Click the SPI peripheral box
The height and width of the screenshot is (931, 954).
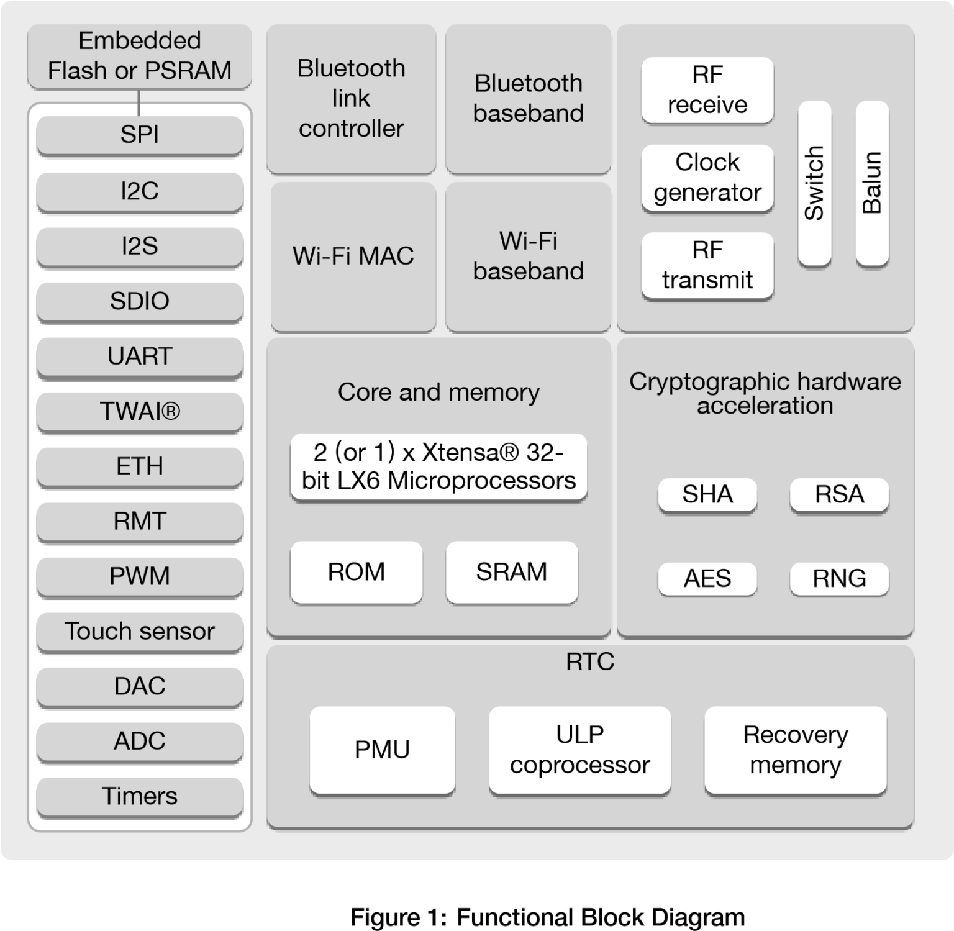pyautogui.click(x=139, y=135)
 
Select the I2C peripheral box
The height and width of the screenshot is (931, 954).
pyautogui.click(x=139, y=191)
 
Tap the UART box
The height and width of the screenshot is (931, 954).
pyautogui.click(x=139, y=356)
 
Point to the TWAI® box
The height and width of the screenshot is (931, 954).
pyautogui.click(x=139, y=411)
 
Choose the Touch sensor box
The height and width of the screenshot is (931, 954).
pyautogui.click(x=139, y=631)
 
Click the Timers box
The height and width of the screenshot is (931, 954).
pyautogui.click(x=139, y=796)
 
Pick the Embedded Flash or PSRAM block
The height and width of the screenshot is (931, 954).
pyautogui.click(x=139, y=56)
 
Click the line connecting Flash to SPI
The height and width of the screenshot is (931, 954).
pyautogui.click(x=139, y=102)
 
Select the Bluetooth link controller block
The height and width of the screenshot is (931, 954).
pyautogui.click(x=351, y=98)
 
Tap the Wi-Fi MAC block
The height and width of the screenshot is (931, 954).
pyautogui.click(x=353, y=256)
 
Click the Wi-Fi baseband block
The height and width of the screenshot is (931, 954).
pyautogui.click(x=528, y=256)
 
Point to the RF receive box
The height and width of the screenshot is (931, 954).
pyautogui.click(x=707, y=90)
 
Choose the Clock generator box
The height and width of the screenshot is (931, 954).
pyautogui.click(x=707, y=178)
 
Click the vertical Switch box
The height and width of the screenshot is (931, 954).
pyautogui.click(x=814, y=183)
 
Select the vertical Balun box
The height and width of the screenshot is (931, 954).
pyautogui.click(x=872, y=183)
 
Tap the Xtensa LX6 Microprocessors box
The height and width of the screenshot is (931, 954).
pyautogui.click(x=438, y=466)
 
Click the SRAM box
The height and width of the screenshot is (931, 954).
pyautogui.click(x=511, y=572)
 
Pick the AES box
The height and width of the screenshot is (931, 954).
pyautogui.click(x=707, y=579)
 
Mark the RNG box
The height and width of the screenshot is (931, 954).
pyautogui.click(x=839, y=579)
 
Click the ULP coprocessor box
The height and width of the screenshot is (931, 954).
pyautogui.click(x=579, y=750)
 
